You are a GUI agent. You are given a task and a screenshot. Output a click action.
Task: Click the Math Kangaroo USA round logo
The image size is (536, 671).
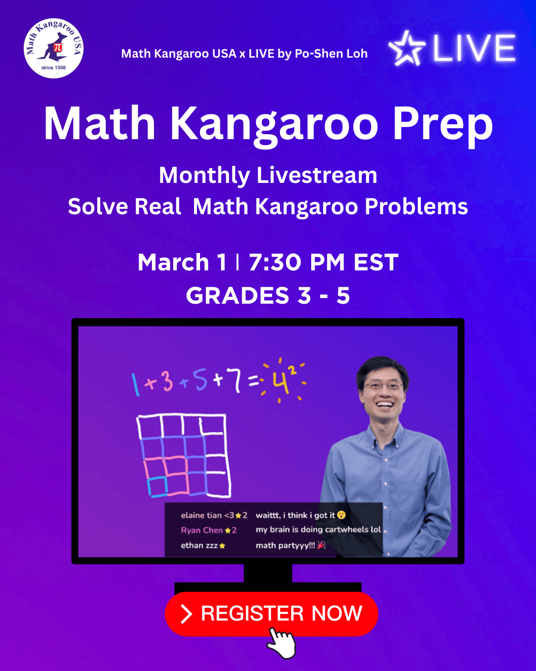coord(54,48)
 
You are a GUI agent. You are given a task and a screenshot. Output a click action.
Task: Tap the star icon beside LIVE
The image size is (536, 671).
coord(407,48)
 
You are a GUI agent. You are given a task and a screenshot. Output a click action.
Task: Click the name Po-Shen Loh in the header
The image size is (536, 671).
coord(331,54)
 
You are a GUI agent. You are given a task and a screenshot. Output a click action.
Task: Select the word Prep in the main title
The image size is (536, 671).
coord(443,125)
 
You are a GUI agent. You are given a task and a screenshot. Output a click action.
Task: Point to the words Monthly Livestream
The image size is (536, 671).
coord(268,175)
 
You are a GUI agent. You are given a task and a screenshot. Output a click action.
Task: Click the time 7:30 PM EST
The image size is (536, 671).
coord(324,262)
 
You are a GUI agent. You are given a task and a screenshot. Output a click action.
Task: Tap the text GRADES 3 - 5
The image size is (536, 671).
coord(268,295)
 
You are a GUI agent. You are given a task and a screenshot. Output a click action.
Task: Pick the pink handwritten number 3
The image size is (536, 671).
coord(167,381)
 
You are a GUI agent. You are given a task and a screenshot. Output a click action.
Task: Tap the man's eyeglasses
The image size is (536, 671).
coord(384,386)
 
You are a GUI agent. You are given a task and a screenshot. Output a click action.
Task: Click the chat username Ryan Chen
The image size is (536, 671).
coord(202,530)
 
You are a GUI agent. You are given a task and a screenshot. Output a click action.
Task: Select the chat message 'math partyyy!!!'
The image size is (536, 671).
coord(285,545)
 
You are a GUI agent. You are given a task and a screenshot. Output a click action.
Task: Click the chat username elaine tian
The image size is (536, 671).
coord(201,515)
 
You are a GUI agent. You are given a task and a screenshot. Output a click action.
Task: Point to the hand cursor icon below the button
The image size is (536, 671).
coord(281,643)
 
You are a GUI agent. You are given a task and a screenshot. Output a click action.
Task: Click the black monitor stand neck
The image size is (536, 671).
coord(268,573)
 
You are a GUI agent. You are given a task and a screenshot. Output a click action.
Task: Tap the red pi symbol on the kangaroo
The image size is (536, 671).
coord(58,47)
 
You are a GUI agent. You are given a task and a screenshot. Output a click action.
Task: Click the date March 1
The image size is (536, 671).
coord(182,262)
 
